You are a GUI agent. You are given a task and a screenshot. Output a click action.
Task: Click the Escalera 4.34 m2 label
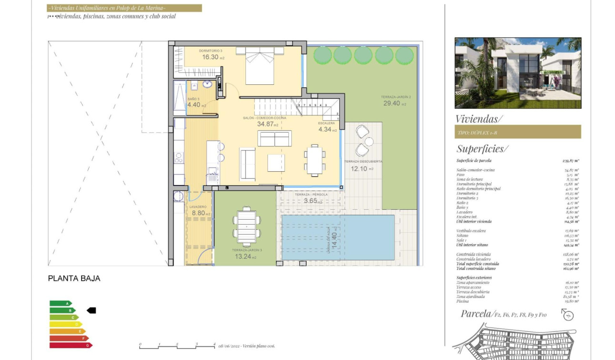click(x=327, y=129)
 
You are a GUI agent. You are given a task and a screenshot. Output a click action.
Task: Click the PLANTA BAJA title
click(x=74, y=278)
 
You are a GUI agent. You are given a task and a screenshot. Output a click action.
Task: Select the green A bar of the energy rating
click(x=61, y=303)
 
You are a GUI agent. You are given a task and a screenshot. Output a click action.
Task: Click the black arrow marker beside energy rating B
click(x=91, y=310)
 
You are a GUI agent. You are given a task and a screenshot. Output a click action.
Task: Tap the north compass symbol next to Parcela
click(x=567, y=315)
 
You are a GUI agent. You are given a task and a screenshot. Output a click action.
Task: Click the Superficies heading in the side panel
click(x=482, y=149)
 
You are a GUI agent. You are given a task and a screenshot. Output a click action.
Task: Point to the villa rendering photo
click(x=518, y=73)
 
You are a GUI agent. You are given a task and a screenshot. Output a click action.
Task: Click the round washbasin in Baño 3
click(x=208, y=84)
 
